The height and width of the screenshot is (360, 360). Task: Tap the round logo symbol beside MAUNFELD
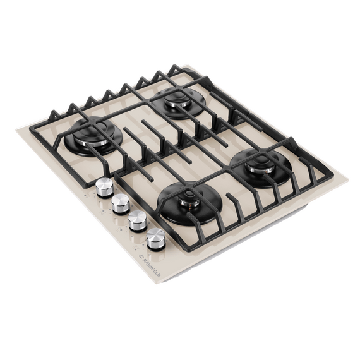point(140,256)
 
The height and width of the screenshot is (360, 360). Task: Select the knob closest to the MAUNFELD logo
point(155,239)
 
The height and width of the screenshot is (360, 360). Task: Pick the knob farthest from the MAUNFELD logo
point(104,188)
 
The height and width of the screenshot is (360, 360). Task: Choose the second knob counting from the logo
point(138,220)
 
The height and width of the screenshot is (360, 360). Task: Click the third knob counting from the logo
point(121,203)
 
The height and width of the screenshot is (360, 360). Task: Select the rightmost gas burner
point(261,167)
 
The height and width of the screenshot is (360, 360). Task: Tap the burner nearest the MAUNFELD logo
point(189,201)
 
